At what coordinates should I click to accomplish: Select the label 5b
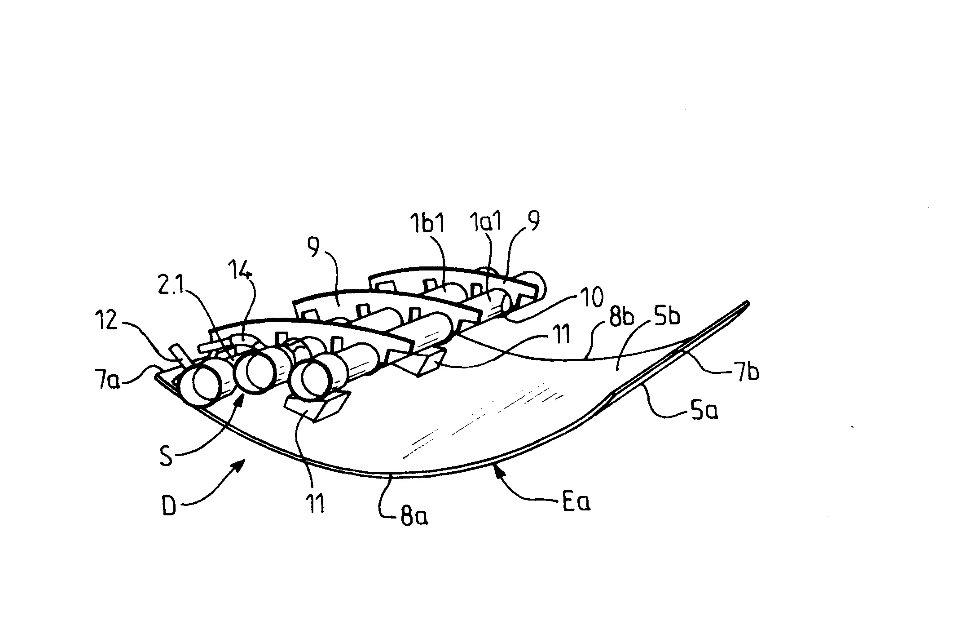coord(667,317)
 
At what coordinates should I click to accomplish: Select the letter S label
coord(166,457)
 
